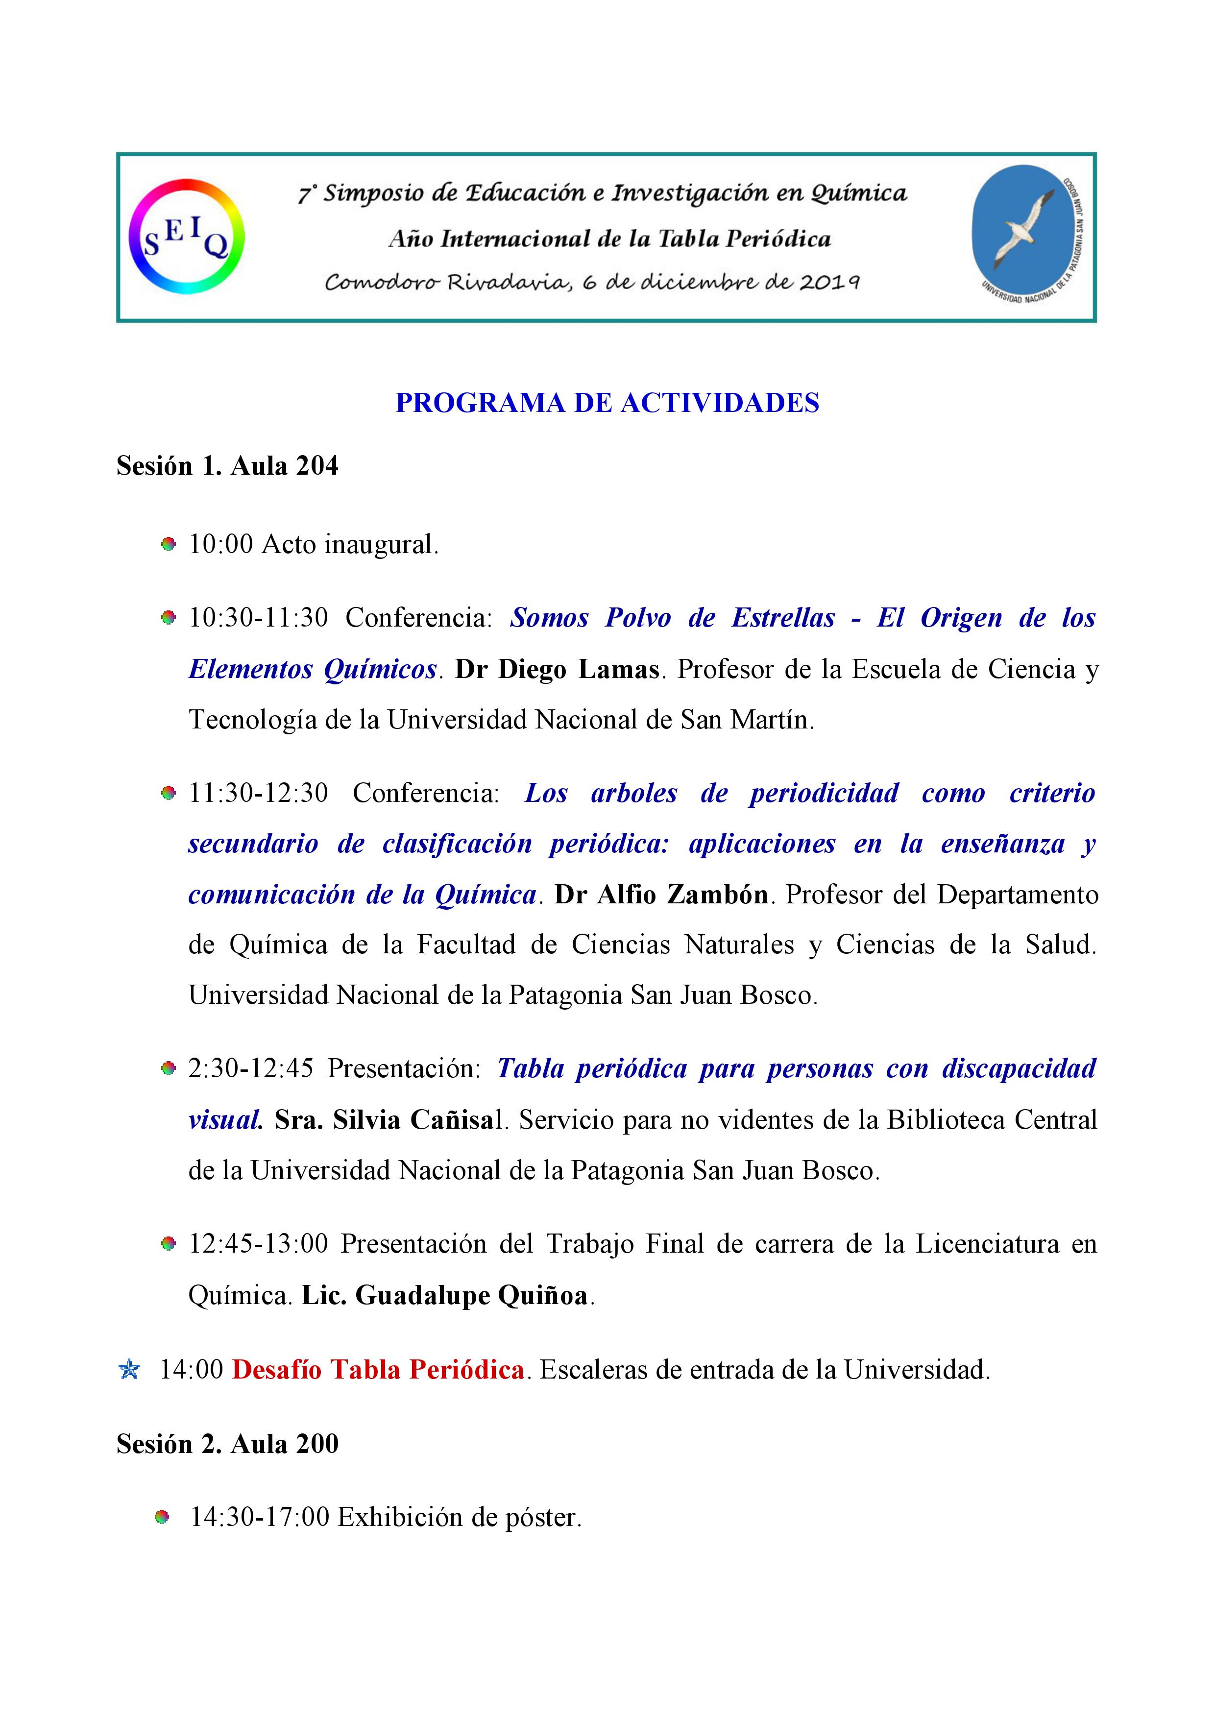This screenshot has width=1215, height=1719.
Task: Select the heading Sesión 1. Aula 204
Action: pyautogui.click(x=227, y=466)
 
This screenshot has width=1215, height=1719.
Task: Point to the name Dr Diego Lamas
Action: pyautogui.click(x=557, y=669)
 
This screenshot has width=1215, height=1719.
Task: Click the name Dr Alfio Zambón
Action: pyautogui.click(x=661, y=895)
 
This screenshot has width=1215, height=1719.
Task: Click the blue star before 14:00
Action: pyautogui.click(x=129, y=1370)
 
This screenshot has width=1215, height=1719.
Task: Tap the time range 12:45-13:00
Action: pyautogui.click(x=258, y=1244)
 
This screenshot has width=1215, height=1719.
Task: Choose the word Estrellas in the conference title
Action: pyautogui.click(x=783, y=618)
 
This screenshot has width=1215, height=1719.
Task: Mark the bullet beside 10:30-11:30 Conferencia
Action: pyautogui.click(x=169, y=618)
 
